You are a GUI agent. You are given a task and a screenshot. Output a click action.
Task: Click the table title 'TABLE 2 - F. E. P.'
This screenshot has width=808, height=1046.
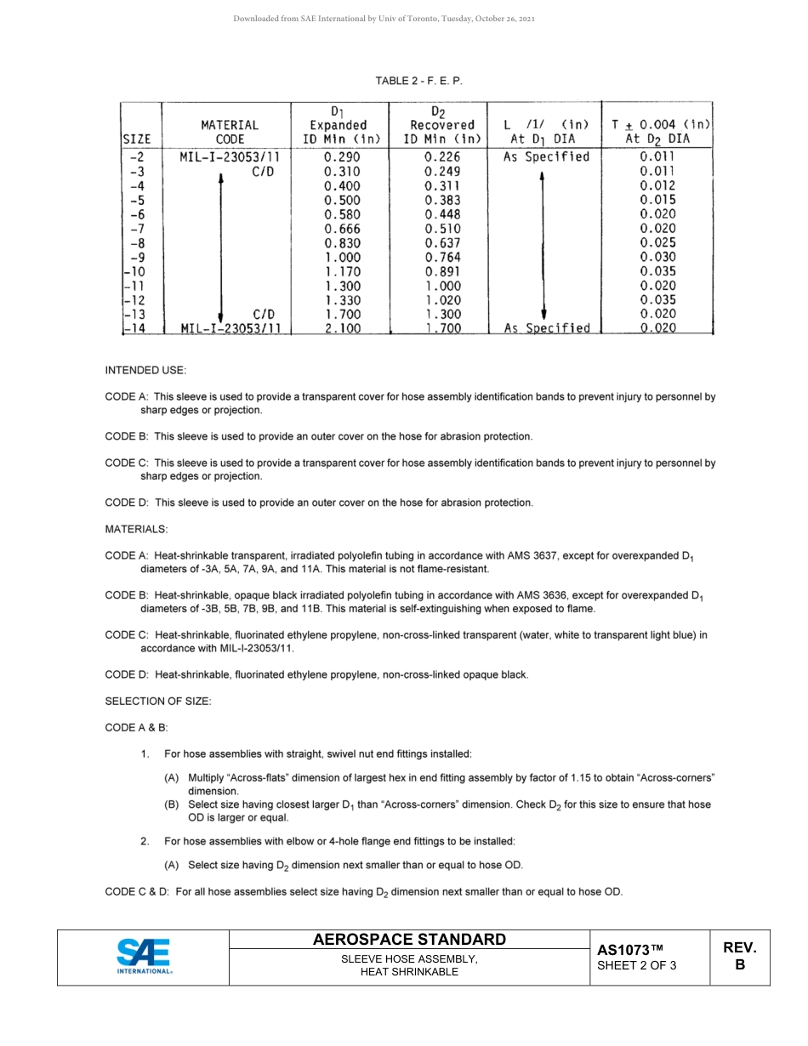click(419, 81)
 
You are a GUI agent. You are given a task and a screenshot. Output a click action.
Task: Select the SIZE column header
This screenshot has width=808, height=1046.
click(137, 139)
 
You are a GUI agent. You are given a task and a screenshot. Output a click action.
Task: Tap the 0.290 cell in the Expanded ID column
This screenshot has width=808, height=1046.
click(342, 157)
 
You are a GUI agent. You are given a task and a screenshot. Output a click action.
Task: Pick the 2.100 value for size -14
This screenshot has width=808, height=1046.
click(342, 328)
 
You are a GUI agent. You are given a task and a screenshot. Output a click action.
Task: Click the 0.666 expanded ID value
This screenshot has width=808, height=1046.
click(342, 229)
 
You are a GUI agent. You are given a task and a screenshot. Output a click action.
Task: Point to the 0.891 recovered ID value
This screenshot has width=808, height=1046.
click(442, 271)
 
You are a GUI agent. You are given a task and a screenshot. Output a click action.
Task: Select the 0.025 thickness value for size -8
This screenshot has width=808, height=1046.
click(657, 243)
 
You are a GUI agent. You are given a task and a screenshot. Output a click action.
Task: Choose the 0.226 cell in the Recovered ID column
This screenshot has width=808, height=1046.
click(442, 157)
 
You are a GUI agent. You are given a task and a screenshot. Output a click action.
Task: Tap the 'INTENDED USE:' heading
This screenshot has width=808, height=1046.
click(145, 370)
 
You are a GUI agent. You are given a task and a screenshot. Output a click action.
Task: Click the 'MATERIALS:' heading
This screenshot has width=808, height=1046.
click(136, 529)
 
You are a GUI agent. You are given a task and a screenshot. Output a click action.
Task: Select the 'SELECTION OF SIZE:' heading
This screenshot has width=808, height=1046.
click(158, 701)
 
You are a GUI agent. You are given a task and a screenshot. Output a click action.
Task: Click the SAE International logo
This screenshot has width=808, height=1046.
click(144, 957)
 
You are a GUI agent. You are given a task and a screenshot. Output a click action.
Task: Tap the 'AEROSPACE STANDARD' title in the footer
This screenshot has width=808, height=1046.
click(409, 940)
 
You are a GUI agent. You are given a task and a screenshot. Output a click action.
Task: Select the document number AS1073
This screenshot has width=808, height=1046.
click(629, 950)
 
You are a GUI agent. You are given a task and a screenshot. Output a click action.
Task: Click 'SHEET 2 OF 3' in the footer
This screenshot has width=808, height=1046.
click(637, 965)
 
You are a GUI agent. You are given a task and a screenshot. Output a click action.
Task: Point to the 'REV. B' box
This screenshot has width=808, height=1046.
click(739, 957)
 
